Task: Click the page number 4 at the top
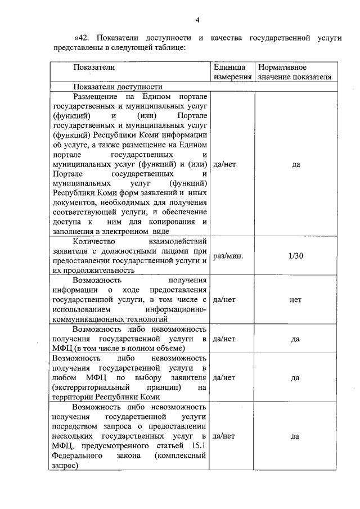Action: (x=198, y=21)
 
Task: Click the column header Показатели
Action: (x=94, y=67)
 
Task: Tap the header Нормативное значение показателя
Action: (x=294, y=72)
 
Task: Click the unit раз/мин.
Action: (x=228, y=256)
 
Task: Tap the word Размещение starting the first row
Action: (x=94, y=97)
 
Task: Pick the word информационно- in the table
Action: (x=176, y=309)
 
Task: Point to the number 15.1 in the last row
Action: (x=200, y=445)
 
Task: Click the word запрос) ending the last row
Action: (x=64, y=466)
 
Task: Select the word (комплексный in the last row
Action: (x=181, y=456)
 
